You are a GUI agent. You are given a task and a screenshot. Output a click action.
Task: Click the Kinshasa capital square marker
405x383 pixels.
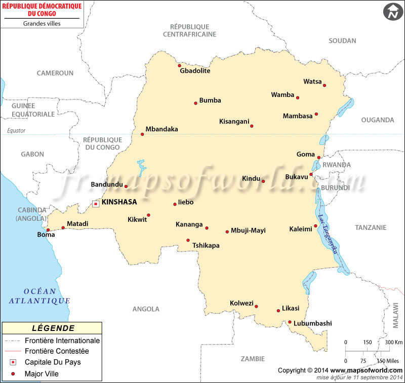[x=96, y=204]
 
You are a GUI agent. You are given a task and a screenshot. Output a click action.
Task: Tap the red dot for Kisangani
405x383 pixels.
[x=252, y=126]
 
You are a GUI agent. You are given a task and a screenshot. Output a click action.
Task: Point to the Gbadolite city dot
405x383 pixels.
[x=179, y=65]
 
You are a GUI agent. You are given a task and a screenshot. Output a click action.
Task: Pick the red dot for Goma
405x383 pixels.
[x=319, y=157]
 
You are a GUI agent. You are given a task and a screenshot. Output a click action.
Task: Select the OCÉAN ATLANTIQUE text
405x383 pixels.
[x=39, y=296]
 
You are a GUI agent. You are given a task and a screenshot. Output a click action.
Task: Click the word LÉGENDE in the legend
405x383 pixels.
[x=53, y=328]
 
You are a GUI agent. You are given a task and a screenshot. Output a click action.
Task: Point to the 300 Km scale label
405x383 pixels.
[x=394, y=343]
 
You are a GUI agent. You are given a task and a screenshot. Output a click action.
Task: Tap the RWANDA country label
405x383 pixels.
[x=337, y=165]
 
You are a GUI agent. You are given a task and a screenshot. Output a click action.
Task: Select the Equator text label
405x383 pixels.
[x=16, y=131]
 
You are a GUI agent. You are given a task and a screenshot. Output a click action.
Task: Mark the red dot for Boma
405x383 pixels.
[x=48, y=230]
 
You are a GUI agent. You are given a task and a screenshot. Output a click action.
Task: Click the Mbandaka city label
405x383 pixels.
[x=161, y=129]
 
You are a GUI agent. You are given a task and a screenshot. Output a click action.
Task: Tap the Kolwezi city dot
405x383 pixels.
[x=257, y=306]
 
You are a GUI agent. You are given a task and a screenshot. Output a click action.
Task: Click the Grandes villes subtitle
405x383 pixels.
[x=43, y=23]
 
